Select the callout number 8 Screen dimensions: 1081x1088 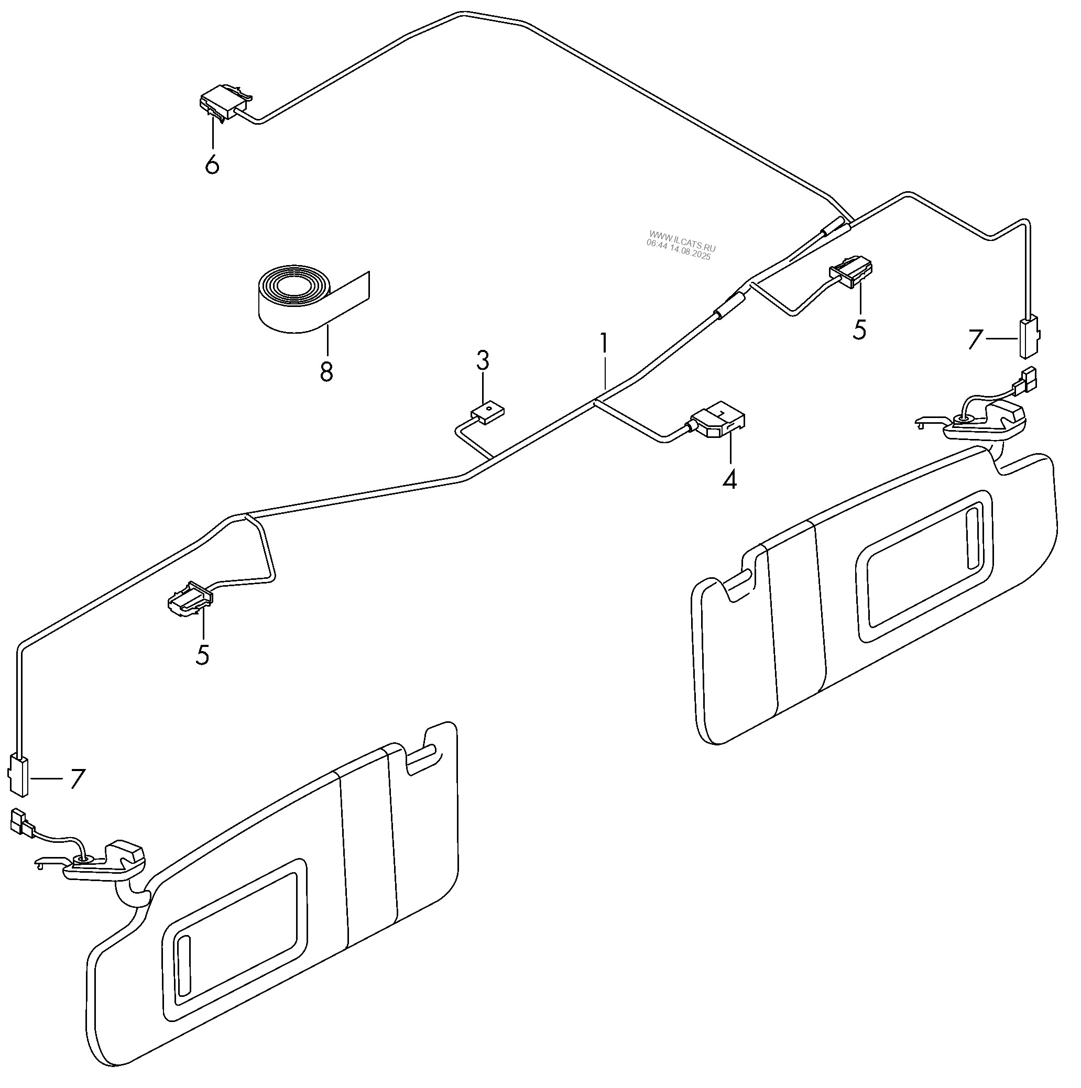coord(326,372)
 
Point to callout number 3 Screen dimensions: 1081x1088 coord(483,361)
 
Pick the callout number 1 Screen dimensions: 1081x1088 coord(604,343)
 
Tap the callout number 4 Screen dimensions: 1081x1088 coord(729,479)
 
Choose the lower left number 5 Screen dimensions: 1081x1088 coord(202,654)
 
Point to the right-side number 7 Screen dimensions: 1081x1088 coord(975,339)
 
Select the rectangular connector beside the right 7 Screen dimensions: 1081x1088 coord(1029,337)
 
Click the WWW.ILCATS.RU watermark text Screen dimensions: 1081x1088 coord(682,234)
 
